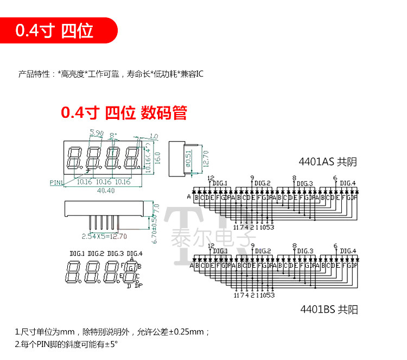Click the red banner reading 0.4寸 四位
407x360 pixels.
tap(54, 30)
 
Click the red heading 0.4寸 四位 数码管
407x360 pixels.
tap(124, 113)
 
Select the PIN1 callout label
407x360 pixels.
tap(56, 182)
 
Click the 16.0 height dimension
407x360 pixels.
tap(158, 158)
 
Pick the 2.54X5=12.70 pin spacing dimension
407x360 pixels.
tap(104, 236)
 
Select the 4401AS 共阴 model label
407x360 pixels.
tap(328, 161)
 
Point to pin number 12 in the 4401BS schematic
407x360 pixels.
tap(211, 247)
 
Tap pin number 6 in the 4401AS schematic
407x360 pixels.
tap(335, 178)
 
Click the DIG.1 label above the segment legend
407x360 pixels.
tap(77, 254)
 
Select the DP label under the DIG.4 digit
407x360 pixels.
tap(138, 286)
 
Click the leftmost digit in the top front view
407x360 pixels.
tap(74, 157)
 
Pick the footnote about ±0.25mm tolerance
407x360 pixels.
tap(112, 332)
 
